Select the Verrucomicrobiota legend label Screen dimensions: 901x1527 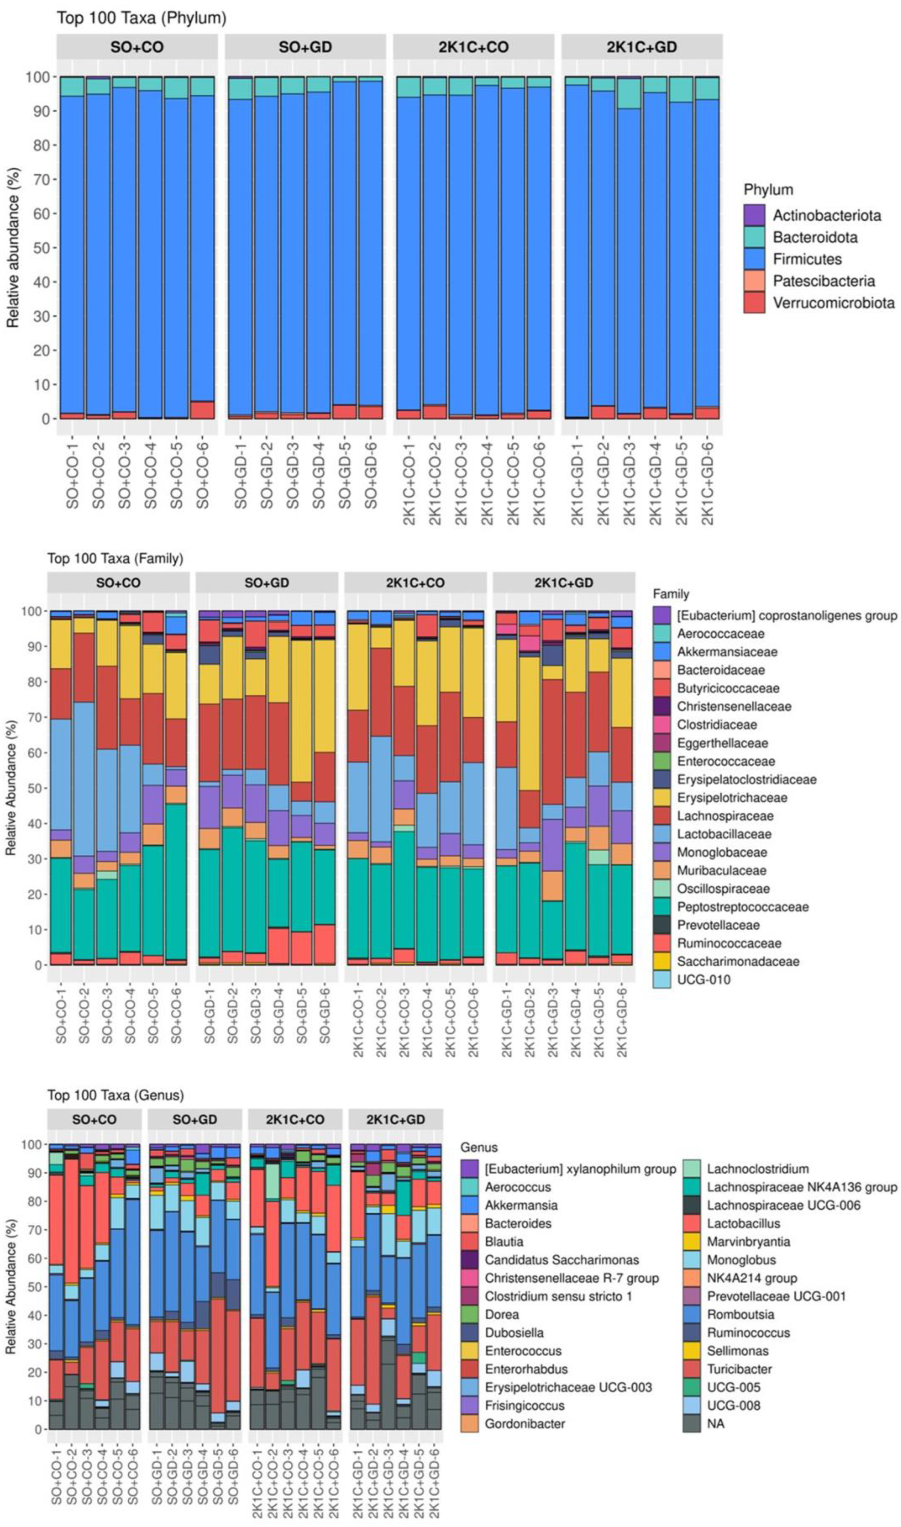(834, 302)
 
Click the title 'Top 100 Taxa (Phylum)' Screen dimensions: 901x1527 (141, 18)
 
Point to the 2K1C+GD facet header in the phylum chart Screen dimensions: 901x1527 (642, 47)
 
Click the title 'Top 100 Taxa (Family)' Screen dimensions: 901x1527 (115, 558)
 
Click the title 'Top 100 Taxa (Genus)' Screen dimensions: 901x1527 (115, 1095)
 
